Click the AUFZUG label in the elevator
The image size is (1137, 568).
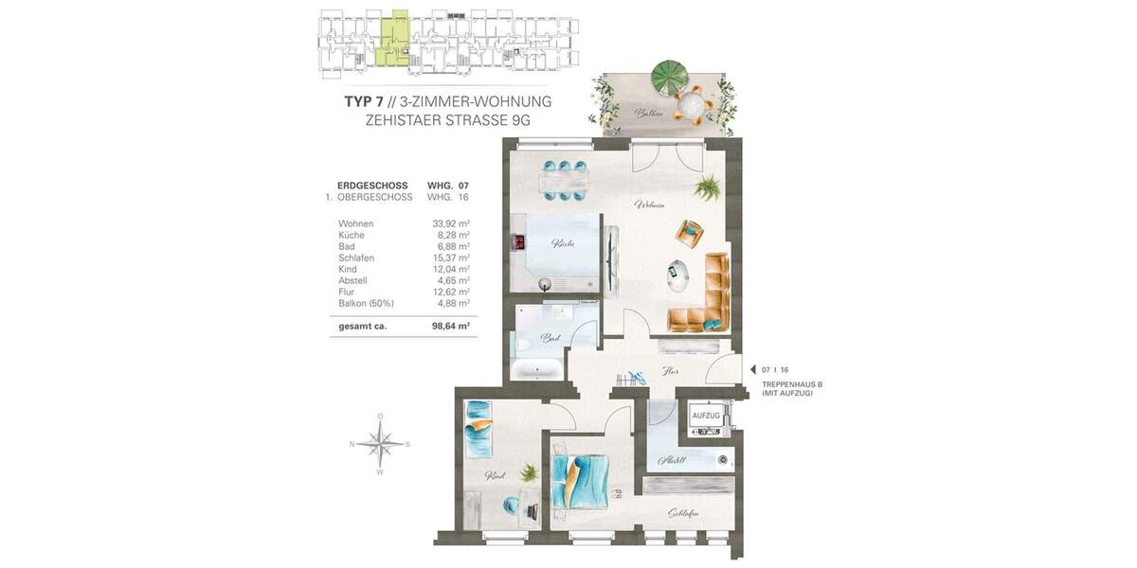tap(707, 416)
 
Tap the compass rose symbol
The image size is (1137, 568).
tap(380, 443)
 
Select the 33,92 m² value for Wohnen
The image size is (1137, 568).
tap(451, 223)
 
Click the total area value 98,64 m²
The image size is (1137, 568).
tap(451, 325)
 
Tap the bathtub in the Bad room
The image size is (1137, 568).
tap(538, 369)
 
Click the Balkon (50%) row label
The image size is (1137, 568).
tap(365, 303)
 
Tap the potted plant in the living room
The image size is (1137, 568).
tap(706, 187)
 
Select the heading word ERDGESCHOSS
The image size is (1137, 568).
tap(372, 186)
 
